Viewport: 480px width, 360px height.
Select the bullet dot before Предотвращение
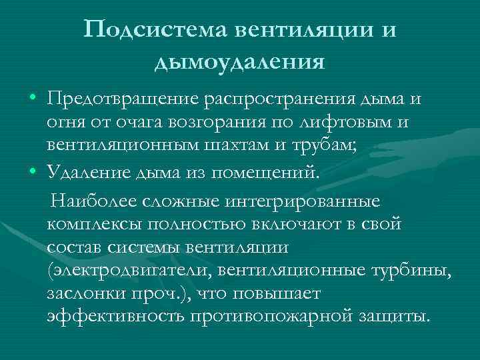(x=33, y=99)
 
